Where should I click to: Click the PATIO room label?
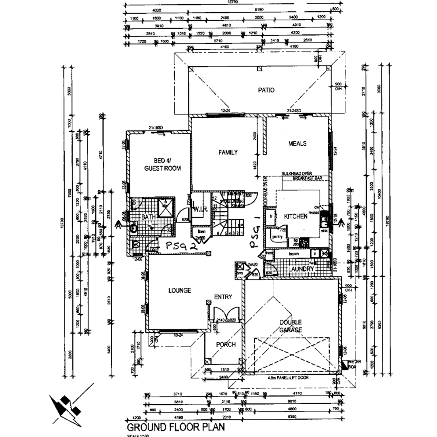266,90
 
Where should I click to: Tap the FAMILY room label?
228,153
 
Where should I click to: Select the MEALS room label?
297,144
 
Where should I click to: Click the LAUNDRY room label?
301,269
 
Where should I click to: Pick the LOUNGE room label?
180,291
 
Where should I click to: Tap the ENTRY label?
223,297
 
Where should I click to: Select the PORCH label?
226,344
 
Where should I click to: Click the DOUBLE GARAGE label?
291,326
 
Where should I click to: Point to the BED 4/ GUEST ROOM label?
162,164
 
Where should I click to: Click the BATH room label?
148,217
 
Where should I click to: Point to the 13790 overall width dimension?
233,2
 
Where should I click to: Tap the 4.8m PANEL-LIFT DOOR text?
288,378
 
